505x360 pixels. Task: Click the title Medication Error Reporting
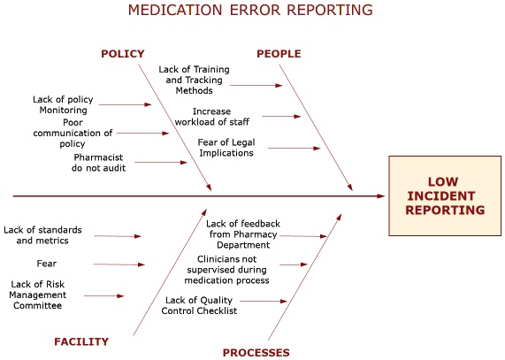(250, 11)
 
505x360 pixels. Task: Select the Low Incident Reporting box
(445, 196)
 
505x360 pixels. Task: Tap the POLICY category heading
(123, 54)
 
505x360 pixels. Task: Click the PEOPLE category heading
(279, 54)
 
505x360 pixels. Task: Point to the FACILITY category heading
(81, 341)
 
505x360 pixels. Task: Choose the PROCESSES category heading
(256, 353)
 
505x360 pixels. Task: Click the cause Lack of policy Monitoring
(63, 105)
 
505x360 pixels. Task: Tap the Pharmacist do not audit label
(99, 162)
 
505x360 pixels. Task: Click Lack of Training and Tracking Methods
(193, 80)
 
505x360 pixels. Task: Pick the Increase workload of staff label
(221, 116)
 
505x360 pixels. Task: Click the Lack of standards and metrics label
(42, 235)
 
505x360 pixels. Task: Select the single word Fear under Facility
(47, 264)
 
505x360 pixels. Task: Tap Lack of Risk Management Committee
(37, 295)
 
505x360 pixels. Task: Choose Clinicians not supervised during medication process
(233, 270)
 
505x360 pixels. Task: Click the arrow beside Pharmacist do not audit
(160, 162)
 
